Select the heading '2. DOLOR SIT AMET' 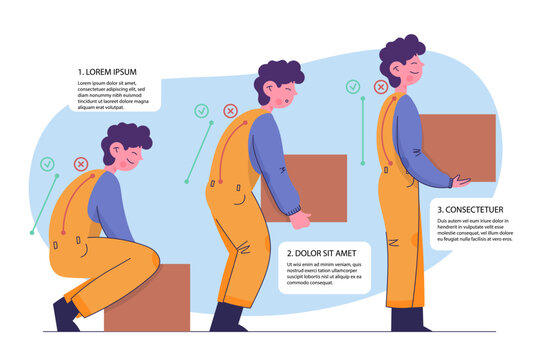click(321, 253)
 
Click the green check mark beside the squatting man click(47, 163)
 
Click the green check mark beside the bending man click(202, 111)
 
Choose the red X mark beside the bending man click(231, 111)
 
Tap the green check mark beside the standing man click(353, 87)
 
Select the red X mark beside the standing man click(380, 87)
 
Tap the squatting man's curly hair click(124, 141)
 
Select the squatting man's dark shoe click(66, 315)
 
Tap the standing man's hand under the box click(461, 182)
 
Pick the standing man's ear click(393, 71)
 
